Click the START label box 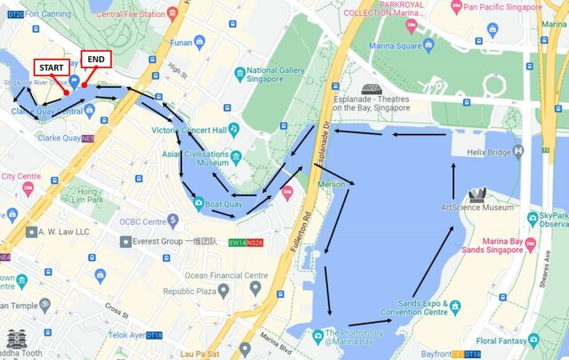pyautogui.click(x=52, y=67)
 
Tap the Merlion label pyautogui.click(x=332, y=184)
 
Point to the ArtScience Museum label pyautogui.click(x=477, y=207)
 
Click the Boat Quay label pyautogui.click(x=224, y=204)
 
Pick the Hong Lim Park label pyautogui.click(x=87, y=196)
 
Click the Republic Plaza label pyautogui.click(x=195, y=291)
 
